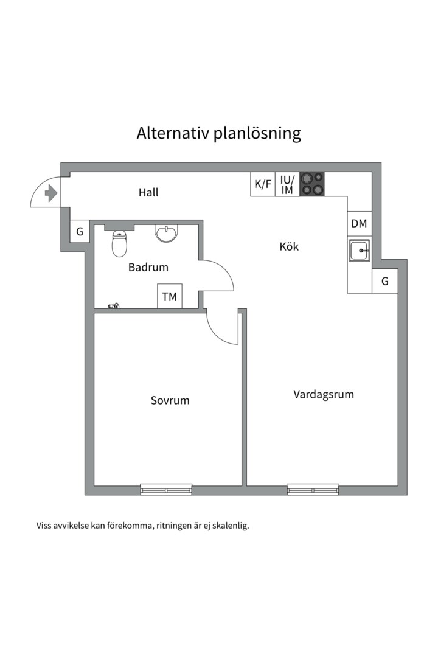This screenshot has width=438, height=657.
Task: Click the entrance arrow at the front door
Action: [x=50, y=193]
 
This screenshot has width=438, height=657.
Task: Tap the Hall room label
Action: [x=148, y=192]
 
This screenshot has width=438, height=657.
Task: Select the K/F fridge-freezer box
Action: [x=263, y=184]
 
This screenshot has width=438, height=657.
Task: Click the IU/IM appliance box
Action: [x=287, y=184]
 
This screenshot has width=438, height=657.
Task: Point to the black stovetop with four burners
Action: [x=312, y=184]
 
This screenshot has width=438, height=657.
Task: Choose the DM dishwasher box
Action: [x=359, y=224]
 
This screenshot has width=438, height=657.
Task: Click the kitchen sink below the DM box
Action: [x=360, y=250]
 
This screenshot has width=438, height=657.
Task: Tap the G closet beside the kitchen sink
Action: [x=384, y=281]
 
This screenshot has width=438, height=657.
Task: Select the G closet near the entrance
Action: [x=80, y=231]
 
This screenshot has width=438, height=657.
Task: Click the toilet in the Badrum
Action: [x=119, y=245]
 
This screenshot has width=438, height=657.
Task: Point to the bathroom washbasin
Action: [x=167, y=233]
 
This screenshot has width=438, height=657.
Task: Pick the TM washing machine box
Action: [x=169, y=296]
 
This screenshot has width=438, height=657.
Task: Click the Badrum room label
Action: [x=148, y=267]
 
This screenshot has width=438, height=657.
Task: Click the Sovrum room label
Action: [x=170, y=400]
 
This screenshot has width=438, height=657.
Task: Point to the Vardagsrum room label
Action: [x=324, y=395]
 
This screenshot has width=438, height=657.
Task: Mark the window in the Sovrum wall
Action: [x=167, y=489]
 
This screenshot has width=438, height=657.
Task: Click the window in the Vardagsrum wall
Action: [x=313, y=489]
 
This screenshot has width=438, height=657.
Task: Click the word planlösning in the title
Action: [x=257, y=134]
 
